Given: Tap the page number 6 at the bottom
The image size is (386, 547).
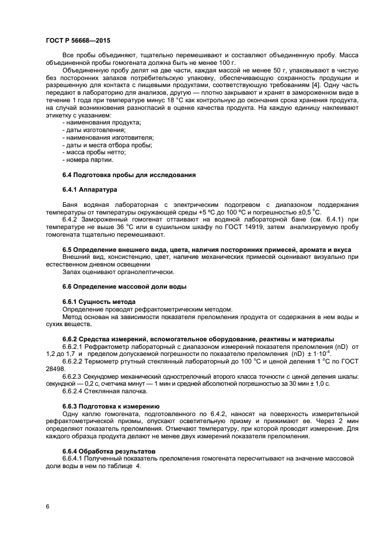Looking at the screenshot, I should (47, 506).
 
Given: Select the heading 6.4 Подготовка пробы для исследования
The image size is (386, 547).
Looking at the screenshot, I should (128, 175).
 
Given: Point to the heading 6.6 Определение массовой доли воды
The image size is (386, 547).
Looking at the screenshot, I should (124, 286).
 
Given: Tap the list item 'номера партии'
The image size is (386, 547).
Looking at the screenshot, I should (88, 160).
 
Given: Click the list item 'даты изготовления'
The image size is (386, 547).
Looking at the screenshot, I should (92, 130).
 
